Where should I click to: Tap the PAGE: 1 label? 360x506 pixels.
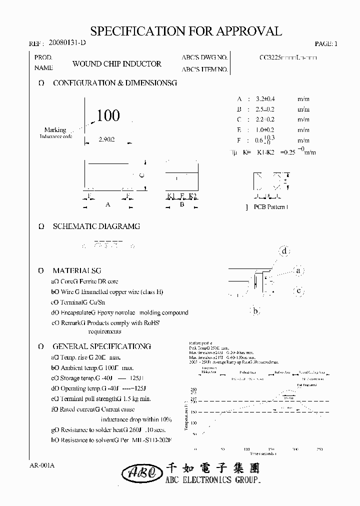(x=326, y=44)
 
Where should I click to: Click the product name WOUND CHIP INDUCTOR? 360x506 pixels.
(x=117, y=64)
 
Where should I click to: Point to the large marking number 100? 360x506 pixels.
(x=108, y=116)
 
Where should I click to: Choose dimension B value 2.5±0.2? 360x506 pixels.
(x=264, y=109)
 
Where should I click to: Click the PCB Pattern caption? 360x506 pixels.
(x=270, y=207)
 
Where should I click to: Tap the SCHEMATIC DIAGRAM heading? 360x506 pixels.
(x=96, y=226)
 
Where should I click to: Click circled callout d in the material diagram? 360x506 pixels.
(x=284, y=251)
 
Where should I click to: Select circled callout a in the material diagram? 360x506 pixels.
(x=298, y=271)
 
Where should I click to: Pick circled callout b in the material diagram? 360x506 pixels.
(x=255, y=311)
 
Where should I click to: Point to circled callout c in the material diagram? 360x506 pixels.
(x=298, y=290)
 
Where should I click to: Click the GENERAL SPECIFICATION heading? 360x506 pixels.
(x=102, y=346)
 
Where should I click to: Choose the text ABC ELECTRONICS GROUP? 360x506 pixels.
(x=213, y=480)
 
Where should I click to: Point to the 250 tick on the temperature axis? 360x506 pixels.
(x=194, y=389)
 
